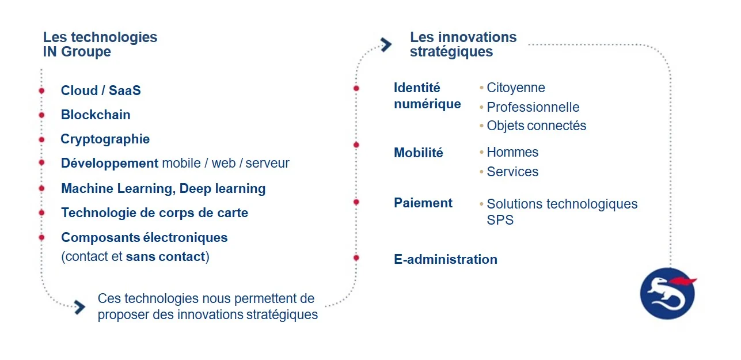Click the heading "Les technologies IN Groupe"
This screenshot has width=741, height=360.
click(100, 44)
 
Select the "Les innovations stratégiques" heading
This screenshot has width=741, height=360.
click(463, 44)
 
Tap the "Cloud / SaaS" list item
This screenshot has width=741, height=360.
click(101, 90)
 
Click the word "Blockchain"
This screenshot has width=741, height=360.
click(96, 115)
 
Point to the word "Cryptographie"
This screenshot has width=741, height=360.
click(105, 139)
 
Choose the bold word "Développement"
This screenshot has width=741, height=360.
click(109, 163)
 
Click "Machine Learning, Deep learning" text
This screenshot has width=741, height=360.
click(163, 188)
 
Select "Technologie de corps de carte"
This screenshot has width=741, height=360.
click(154, 213)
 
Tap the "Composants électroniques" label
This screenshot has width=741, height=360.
click(144, 237)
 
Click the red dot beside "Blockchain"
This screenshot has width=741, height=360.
click(41, 115)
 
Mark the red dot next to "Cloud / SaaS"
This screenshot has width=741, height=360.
click(41, 91)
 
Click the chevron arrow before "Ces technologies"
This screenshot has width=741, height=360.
click(79, 307)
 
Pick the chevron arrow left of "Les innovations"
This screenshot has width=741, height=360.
click(386, 44)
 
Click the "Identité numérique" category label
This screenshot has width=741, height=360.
click(427, 96)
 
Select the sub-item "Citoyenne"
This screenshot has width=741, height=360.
click(515, 88)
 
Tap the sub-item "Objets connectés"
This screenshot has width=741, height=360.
click(536, 126)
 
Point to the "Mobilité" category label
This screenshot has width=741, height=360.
click(419, 153)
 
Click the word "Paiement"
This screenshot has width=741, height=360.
click(423, 203)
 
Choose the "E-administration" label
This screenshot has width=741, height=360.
click(446, 259)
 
